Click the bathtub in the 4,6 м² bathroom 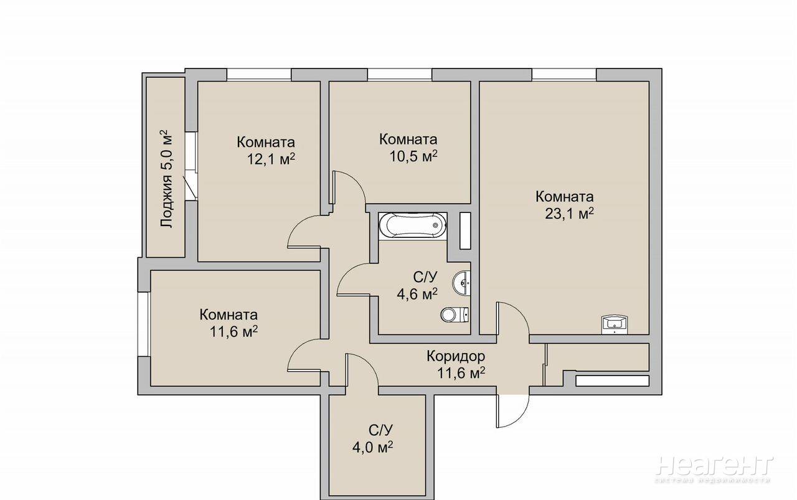click(x=413, y=225)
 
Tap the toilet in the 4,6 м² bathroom click(x=455, y=314)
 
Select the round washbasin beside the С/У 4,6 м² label click(x=461, y=283)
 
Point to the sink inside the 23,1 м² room click(x=615, y=324)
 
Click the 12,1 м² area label click(x=271, y=159)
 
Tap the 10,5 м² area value click(x=413, y=156)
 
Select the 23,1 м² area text click(x=570, y=214)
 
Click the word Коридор click(x=456, y=356)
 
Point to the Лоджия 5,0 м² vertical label click(x=166, y=179)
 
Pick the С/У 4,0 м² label click(x=372, y=438)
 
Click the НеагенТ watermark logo click(x=714, y=466)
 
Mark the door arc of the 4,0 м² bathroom click(x=362, y=370)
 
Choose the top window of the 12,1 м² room click(x=259, y=74)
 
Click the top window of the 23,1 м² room click(x=564, y=74)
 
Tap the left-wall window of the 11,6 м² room click(x=143, y=324)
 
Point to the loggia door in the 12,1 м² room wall click(x=191, y=166)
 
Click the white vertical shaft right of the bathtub click(x=465, y=230)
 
